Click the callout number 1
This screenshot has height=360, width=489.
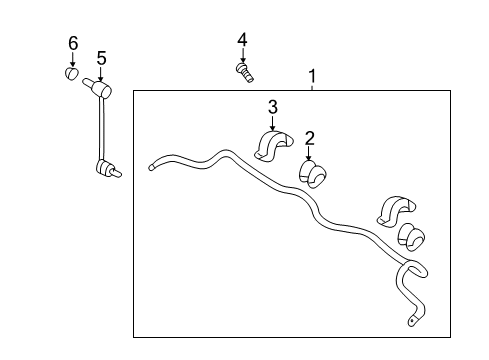point(312,76)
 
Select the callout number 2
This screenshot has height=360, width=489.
point(310,138)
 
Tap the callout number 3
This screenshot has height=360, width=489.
point(273,107)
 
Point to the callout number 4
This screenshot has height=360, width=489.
point(242,40)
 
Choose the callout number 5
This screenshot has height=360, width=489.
point(102,58)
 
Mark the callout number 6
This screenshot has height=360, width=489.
point(73,43)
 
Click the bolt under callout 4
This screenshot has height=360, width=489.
point(245,73)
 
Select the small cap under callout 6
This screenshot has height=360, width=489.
point(71,73)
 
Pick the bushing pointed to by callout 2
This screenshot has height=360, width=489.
point(312,174)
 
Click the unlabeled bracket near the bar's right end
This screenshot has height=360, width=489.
point(396,211)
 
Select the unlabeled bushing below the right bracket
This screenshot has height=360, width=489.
point(411,237)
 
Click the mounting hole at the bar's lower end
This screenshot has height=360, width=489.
point(412,321)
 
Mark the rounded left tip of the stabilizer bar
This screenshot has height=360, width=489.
point(151,167)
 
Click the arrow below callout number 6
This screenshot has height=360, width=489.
point(72,60)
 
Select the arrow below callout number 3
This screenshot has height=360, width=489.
point(273,123)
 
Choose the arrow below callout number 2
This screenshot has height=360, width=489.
point(309,153)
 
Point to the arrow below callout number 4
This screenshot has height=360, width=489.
point(243,55)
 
